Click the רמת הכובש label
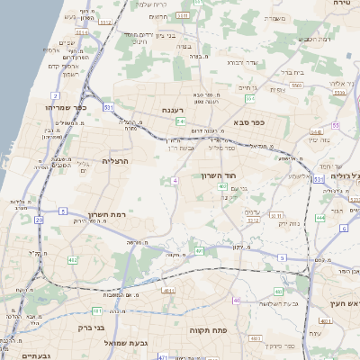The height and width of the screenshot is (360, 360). point(312,39)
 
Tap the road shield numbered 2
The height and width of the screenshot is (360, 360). point(56,94)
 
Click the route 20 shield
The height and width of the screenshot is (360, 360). point(39,219)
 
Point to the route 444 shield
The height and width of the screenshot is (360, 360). point(320,217)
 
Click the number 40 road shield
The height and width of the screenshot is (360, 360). point(236,300)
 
